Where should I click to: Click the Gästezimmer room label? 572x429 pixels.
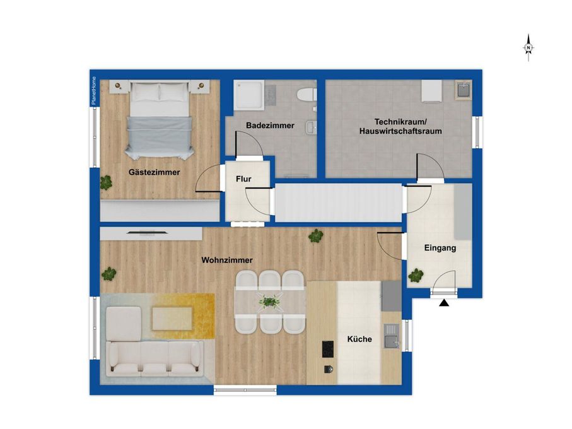pyautogui.click(x=154, y=172)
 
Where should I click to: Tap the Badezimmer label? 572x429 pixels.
pyautogui.click(x=270, y=126)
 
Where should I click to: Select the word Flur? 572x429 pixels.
pyautogui.click(x=243, y=179)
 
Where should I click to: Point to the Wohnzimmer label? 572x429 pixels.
pyautogui.click(x=227, y=260)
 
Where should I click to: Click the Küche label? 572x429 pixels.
pyautogui.click(x=359, y=339)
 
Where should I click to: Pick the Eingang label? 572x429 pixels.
pyautogui.click(x=440, y=248)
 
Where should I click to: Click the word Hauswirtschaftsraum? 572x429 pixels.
pyautogui.click(x=400, y=131)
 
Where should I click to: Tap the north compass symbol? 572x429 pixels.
pyautogui.click(x=528, y=48)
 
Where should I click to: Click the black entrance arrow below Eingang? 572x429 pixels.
pyautogui.click(x=444, y=303)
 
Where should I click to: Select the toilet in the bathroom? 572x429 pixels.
pyautogui.click(x=306, y=95)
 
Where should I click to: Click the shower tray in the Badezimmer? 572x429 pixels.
pyautogui.click(x=248, y=95)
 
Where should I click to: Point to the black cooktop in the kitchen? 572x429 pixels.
pyautogui.click(x=327, y=349)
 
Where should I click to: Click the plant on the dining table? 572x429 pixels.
pyautogui.click(x=269, y=302)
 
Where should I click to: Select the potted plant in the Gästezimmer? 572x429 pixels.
pyautogui.click(x=106, y=182)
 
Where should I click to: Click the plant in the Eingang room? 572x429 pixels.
pyautogui.click(x=416, y=276)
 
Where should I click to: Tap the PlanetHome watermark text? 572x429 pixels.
pyautogui.click(x=94, y=91)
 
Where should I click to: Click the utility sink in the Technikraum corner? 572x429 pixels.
pyautogui.click(x=464, y=90)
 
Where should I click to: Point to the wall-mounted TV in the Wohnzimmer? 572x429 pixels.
pyautogui.click(x=148, y=232)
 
